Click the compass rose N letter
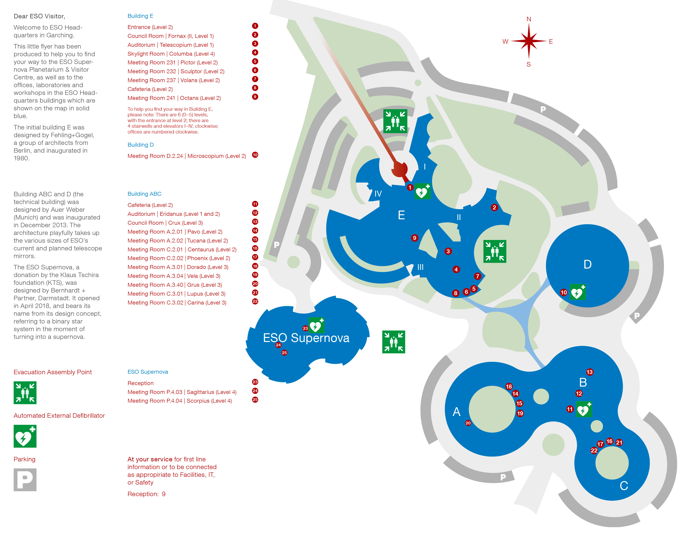(529, 19)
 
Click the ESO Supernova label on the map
(306, 338)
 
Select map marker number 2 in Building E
(494, 207)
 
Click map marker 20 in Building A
(468, 423)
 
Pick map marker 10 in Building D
(563, 292)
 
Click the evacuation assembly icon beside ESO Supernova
(394, 342)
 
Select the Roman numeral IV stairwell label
(378, 194)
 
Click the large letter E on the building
(401, 215)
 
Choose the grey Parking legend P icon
(25, 480)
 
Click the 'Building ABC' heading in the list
(144, 194)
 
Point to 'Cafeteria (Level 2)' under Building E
(150, 89)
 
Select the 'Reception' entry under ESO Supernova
(141, 383)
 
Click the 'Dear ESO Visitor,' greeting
(39, 16)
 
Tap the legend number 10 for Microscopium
(255, 155)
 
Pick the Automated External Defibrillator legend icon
(25, 436)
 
